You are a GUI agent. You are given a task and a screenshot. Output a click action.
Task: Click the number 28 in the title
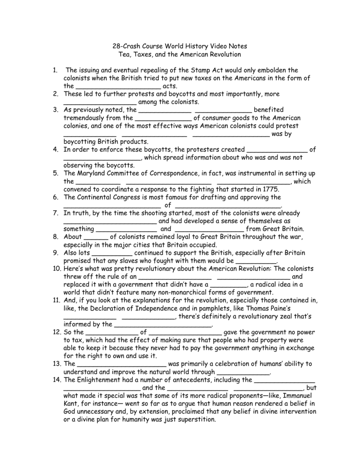[x=117, y=46]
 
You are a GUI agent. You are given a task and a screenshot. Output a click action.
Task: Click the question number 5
[x=55, y=173]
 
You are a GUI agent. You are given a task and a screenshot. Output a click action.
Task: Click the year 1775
[x=265, y=189]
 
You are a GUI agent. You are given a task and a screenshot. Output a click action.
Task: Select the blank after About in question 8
[x=96, y=237]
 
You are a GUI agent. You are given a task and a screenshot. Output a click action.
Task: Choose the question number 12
[x=56, y=332]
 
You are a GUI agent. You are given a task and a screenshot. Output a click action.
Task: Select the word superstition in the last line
[x=193, y=419]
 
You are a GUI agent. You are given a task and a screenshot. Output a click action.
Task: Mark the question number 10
[x=56, y=268]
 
